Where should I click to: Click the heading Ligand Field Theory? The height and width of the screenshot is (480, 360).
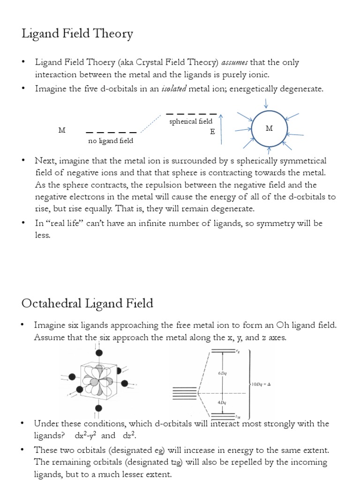click(x=77, y=34)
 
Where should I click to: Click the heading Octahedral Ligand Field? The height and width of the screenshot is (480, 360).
click(x=87, y=303)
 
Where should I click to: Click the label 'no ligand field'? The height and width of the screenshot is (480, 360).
click(x=111, y=141)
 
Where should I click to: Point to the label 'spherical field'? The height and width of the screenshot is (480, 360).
click(x=191, y=121)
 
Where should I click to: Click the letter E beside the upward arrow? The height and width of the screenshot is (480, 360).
click(x=212, y=132)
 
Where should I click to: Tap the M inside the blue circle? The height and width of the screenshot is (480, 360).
click(x=269, y=128)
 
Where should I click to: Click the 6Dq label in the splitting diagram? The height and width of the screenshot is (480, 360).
click(x=222, y=373)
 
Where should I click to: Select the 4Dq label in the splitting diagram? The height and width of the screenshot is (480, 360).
click(x=222, y=402)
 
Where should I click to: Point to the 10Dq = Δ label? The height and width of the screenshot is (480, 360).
click(x=262, y=384)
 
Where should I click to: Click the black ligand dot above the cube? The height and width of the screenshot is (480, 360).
click(x=99, y=352)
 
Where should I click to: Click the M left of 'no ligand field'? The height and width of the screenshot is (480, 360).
click(x=62, y=130)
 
